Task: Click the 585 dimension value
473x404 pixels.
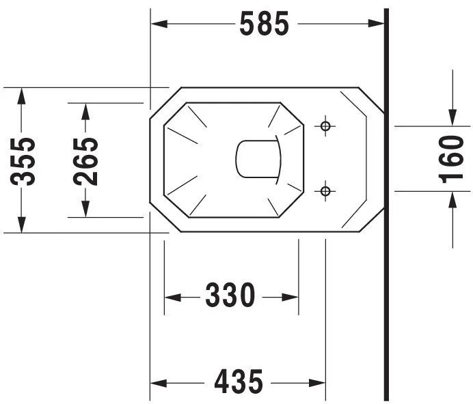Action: click(265, 23)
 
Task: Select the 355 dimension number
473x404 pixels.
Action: click(23, 161)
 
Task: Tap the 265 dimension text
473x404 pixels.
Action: click(85, 161)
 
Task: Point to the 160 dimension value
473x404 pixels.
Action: click(450, 160)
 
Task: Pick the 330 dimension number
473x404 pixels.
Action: click(230, 295)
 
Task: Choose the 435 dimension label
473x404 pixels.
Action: click(239, 381)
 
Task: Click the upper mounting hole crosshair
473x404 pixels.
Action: click(325, 126)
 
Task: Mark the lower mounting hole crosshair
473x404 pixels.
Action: click(325, 191)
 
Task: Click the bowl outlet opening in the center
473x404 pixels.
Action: click(258, 158)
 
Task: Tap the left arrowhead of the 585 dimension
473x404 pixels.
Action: click(159, 24)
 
